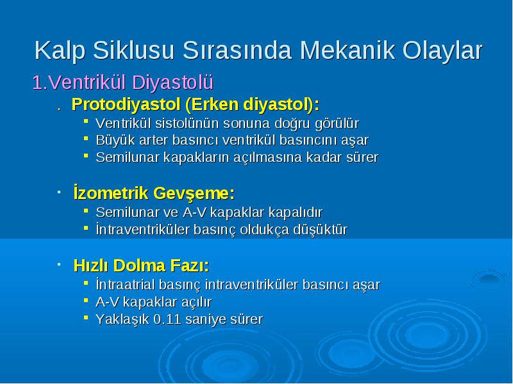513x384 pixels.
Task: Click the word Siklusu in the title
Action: coord(133,51)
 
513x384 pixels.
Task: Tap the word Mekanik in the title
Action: coord(348,51)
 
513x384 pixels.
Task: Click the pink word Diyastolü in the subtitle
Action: coord(172,83)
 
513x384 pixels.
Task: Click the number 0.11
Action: coord(167,319)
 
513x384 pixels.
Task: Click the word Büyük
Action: coord(115,140)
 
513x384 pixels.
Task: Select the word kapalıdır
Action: coord(295,212)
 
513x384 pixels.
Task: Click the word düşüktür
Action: coord(320,230)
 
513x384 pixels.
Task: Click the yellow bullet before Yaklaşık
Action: coord(86,317)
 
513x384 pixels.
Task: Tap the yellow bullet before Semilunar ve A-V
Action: coord(86,211)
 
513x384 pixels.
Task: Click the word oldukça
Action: coord(264,230)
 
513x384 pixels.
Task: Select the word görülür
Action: coord(337,124)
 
